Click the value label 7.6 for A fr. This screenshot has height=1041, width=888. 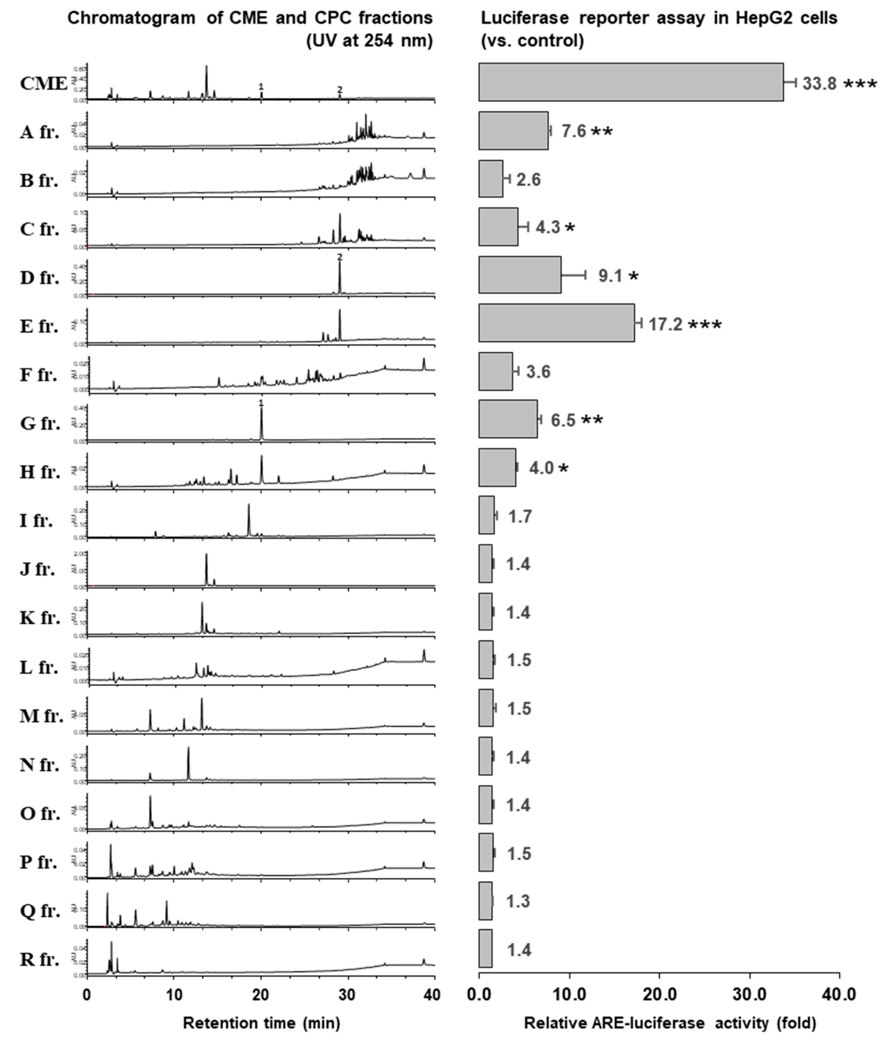pyautogui.click(x=573, y=132)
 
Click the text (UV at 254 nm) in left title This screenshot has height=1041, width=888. pyautogui.click(x=369, y=41)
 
